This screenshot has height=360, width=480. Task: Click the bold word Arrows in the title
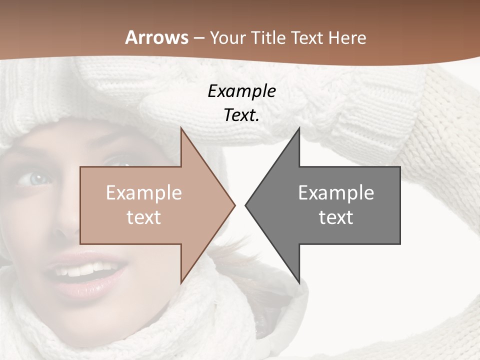(x=156, y=37)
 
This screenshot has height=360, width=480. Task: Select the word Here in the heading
(x=346, y=37)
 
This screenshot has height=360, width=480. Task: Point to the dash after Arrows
(x=198, y=38)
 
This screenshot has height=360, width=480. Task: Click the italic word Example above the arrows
(x=241, y=91)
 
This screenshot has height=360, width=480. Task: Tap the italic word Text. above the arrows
(x=241, y=115)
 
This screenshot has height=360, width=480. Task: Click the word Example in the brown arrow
(x=144, y=192)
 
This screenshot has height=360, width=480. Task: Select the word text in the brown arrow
(x=144, y=217)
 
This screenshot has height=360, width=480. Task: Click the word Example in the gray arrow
(x=336, y=192)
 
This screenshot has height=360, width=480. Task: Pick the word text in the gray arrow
(x=336, y=217)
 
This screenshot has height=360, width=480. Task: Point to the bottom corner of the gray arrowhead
(x=298, y=282)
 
